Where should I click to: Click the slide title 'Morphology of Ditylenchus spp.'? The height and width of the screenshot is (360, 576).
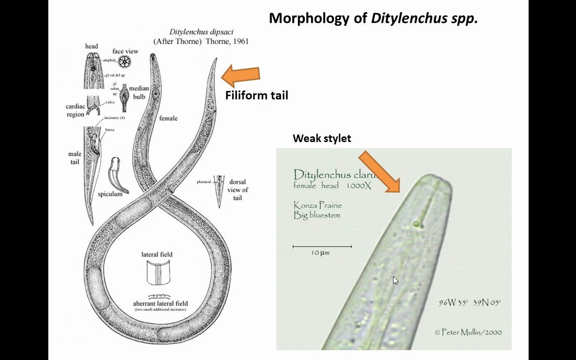tap(373, 18)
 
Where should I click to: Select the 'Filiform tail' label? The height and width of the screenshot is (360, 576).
tap(257, 96)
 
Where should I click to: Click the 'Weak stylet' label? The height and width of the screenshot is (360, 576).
tap(322, 138)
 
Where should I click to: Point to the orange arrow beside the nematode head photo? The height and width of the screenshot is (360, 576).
tap(379, 171)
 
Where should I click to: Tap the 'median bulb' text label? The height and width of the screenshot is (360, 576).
tap(139, 92)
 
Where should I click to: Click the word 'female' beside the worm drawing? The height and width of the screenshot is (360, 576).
tap(168, 119)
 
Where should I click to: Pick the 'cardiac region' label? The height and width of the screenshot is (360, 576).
tap(75, 111)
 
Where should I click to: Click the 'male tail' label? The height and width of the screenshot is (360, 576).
tap(75, 158)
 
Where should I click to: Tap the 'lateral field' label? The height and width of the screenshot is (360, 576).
tap(157, 255)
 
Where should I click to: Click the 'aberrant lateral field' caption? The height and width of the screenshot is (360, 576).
tap(160, 303)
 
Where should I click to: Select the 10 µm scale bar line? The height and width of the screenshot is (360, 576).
tap(322, 246)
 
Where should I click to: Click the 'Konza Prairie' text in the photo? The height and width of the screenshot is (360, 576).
tap(318, 205)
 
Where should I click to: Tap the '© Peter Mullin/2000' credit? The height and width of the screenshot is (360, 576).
tap(468, 332)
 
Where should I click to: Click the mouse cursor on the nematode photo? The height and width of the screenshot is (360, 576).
tap(395, 280)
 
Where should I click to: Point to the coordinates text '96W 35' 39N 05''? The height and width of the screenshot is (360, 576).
tap(470, 303)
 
